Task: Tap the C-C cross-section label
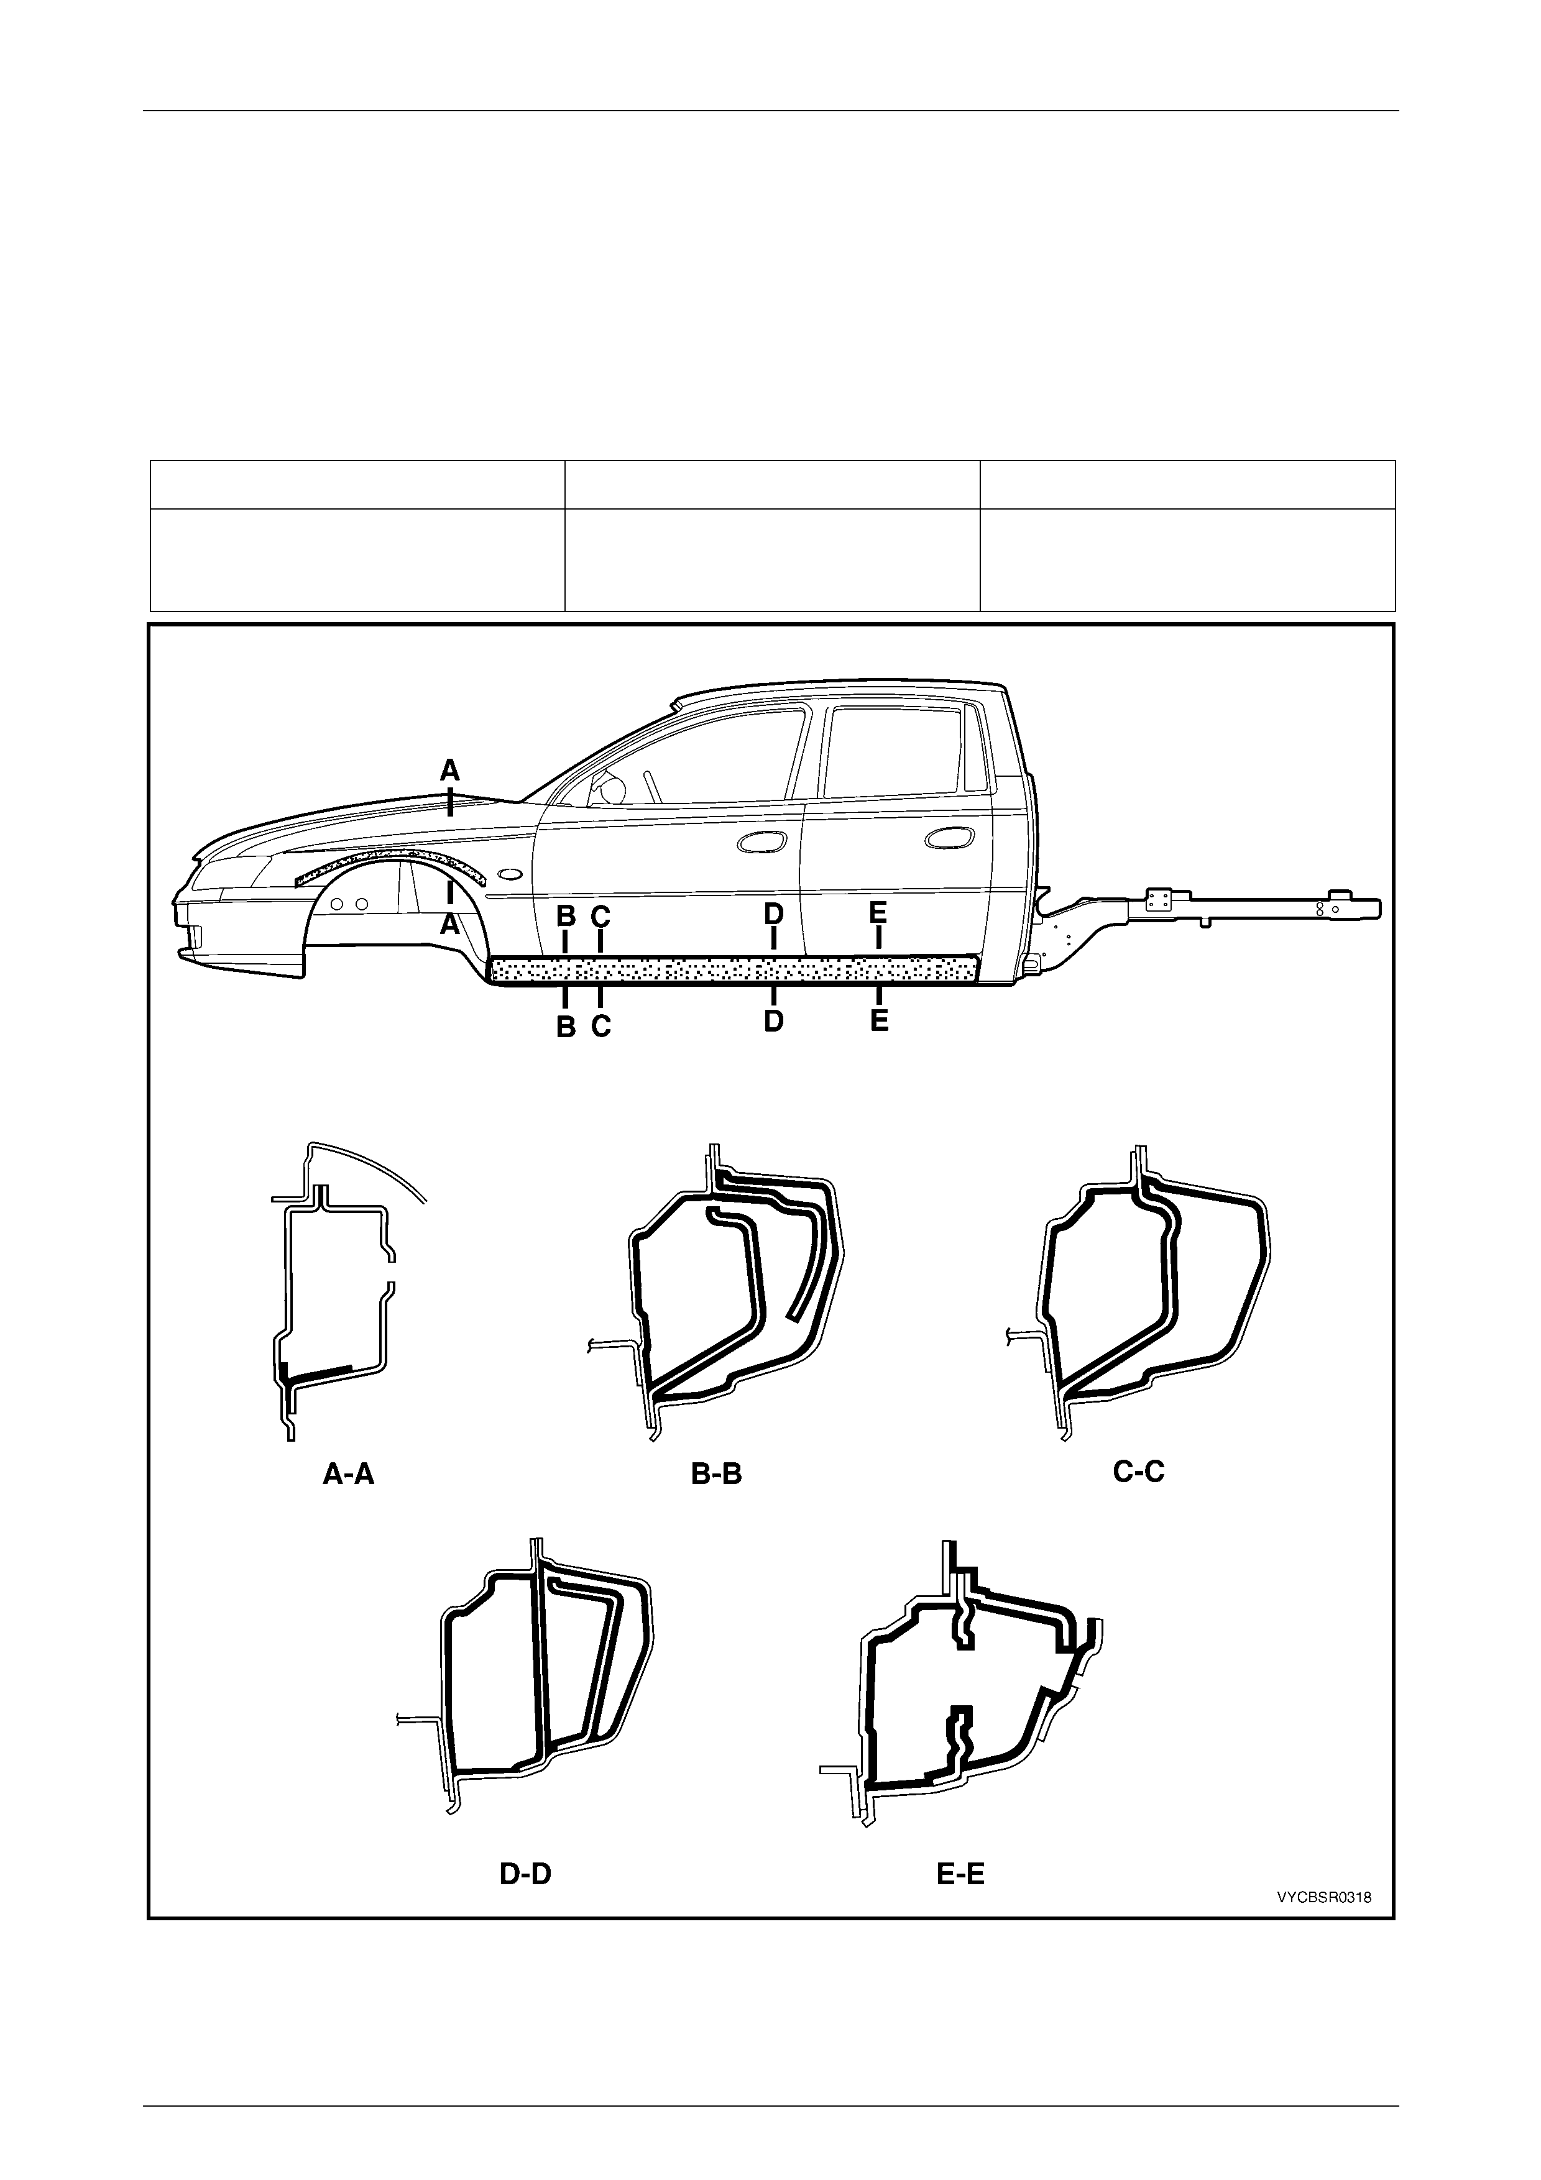[1138, 1471]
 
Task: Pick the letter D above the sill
[774, 914]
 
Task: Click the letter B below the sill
[565, 1027]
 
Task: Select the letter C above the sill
[600, 916]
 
